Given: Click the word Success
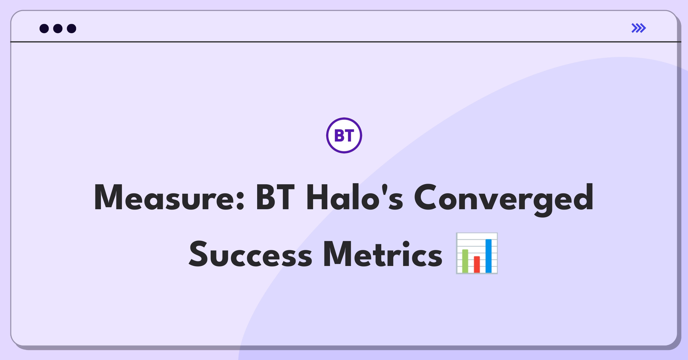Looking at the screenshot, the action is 251,254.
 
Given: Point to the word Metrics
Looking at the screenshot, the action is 383,254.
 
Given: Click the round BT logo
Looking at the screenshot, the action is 344,135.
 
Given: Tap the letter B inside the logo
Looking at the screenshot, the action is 339,136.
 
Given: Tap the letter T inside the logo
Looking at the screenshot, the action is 349,136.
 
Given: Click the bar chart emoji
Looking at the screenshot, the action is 477,253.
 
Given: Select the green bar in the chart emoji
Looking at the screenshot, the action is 465,261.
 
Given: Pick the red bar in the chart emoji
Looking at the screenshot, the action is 477,264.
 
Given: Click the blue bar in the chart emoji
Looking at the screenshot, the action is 488,256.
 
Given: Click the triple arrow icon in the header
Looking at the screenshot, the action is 639,28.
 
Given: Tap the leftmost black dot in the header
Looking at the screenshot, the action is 44,28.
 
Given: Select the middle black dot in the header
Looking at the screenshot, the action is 58,28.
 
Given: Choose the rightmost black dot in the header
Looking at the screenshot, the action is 72,28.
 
